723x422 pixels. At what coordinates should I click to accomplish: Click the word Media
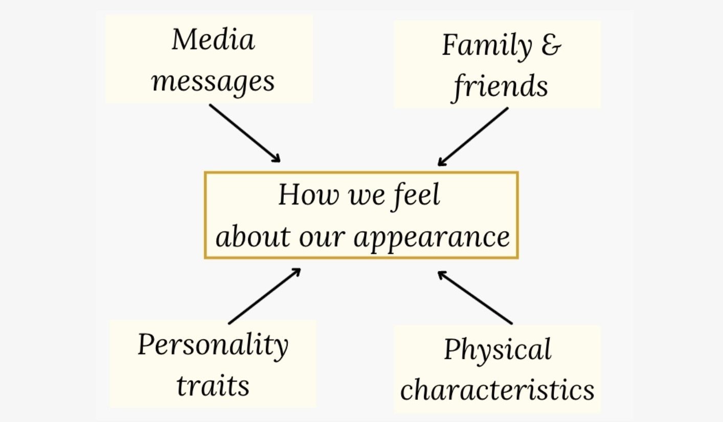click(213, 39)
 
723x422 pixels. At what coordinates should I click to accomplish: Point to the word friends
click(501, 86)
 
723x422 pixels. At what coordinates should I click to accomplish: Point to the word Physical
click(497, 350)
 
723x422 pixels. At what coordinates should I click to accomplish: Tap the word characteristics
click(497, 389)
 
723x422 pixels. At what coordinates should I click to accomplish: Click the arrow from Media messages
click(244, 133)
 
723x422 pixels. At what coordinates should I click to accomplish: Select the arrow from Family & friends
click(473, 136)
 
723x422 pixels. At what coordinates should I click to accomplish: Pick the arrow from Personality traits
click(264, 296)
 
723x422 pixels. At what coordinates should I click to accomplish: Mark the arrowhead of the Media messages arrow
click(277, 158)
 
